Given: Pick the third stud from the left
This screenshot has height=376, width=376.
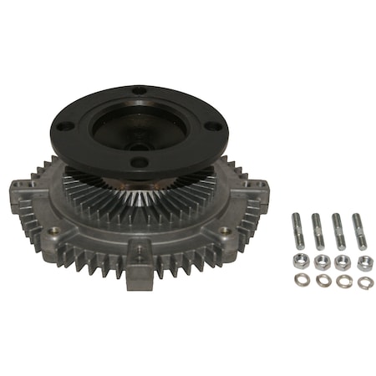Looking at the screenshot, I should click(338, 232).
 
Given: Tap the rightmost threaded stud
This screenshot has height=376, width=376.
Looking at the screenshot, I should click(358, 231).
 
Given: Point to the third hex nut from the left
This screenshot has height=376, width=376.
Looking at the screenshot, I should click(343, 263).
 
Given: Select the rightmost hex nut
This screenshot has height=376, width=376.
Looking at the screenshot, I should click(364, 263).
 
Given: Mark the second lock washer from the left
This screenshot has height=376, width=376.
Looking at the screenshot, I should click(323, 281).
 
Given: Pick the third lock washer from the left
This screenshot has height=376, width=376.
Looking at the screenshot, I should click(343, 281).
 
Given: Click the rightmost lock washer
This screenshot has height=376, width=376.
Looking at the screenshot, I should click(364, 282).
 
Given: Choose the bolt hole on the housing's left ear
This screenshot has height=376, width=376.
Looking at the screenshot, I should click(55, 229).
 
